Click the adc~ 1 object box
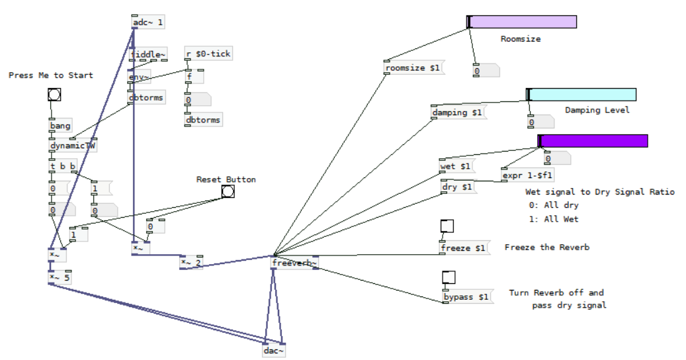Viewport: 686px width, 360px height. (x=148, y=22)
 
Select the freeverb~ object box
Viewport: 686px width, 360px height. (x=294, y=263)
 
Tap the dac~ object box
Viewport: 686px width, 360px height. (x=274, y=351)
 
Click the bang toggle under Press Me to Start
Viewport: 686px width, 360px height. (x=54, y=95)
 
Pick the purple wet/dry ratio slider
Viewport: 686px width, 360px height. (x=593, y=141)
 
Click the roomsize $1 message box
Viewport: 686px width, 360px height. (x=412, y=67)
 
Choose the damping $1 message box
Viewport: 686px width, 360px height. (x=458, y=112)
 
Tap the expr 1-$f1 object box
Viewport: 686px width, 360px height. (x=527, y=175)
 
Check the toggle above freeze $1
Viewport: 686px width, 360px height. (x=447, y=226)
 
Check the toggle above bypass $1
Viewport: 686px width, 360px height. (x=449, y=277)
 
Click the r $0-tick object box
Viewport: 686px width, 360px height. (x=208, y=54)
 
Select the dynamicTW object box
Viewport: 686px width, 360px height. (x=73, y=146)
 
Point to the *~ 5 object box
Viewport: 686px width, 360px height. (x=60, y=277)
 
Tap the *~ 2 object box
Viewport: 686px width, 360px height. (x=191, y=263)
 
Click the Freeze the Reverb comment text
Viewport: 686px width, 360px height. (x=546, y=247)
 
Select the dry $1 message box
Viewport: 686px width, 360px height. (x=457, y=187)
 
